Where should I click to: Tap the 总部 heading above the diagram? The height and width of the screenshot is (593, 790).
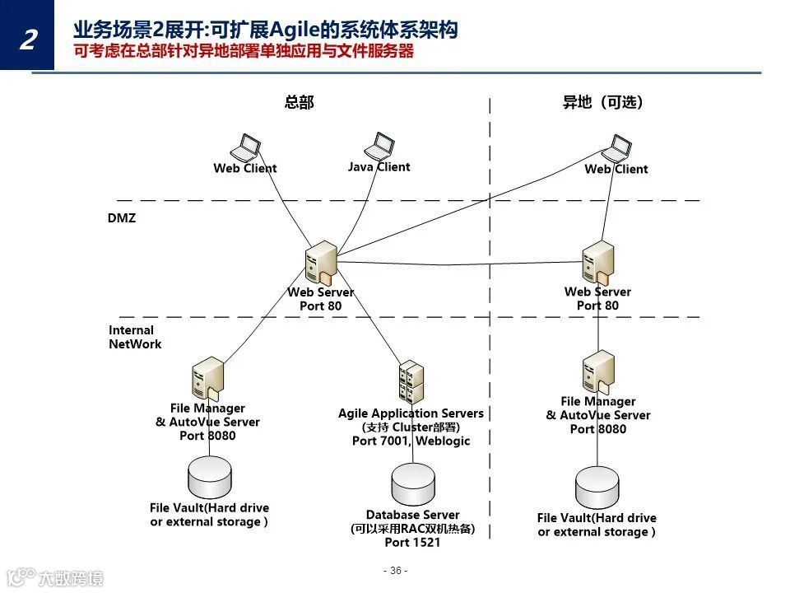[x=299, y=103]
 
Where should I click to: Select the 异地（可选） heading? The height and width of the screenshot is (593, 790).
[x=602, y=103]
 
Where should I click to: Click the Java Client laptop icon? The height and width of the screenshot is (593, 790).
[x=380, y=147]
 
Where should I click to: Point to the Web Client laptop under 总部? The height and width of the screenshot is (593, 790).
[x=246, y=147]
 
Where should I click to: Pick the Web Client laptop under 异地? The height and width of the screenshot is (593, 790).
[x=616, y=149]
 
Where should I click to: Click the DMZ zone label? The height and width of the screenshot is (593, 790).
[x=122, y=218]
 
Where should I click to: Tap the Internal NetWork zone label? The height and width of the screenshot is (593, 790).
[x=135, y=337]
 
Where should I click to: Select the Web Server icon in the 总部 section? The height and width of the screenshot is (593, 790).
[x=320, y=263]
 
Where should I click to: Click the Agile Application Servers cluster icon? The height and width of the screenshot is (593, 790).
[x=411, y=381]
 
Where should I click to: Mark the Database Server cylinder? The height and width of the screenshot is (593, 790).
[x=412, y=484]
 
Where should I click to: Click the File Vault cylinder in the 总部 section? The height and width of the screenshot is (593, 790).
[x=210, y=476]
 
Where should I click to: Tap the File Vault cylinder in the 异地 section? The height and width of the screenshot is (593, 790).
[x=597, y=488]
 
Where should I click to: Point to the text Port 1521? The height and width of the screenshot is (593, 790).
[x=412, y=543]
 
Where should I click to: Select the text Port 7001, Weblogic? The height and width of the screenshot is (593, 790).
[x=411, y=441]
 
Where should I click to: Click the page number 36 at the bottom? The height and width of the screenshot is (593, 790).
[x=395, y=571]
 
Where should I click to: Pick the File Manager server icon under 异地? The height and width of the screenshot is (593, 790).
[x=598, y=372]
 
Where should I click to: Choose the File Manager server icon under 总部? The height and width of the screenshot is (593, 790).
[x=208, y=379]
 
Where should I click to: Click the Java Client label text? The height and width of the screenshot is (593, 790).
[x=379, y=166]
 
